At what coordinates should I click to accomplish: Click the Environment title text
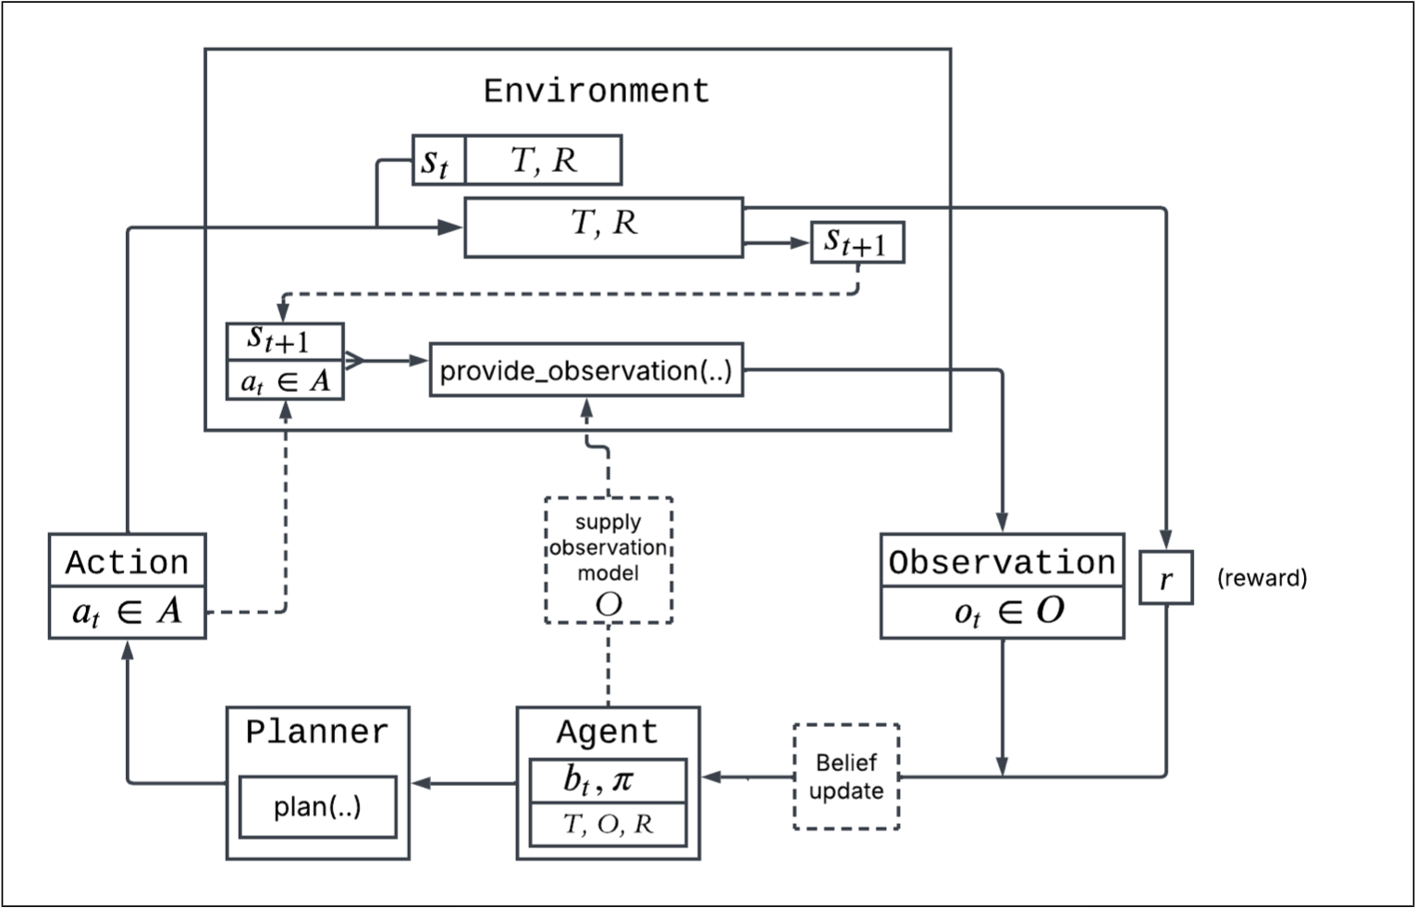coord(597,91)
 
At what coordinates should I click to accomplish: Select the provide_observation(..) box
coord(586,370)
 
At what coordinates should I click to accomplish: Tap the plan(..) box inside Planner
coord(317,806)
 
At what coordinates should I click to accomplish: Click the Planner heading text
coord(317,732)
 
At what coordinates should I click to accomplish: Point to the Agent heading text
coord(608,732)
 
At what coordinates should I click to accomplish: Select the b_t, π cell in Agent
coord(608,781)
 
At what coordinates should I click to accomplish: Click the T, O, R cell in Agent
coord(608,824)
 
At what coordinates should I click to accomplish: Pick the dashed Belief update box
coord(846,777)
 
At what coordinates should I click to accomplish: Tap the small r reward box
coord(1165,578)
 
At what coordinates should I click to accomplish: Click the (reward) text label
coord(1261,578)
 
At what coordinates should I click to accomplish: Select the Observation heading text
coord(1002,562)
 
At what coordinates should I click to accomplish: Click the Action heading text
coord(127,562)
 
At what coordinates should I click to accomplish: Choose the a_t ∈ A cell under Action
coord(127,612)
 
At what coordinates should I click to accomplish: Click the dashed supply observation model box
coord(608,560)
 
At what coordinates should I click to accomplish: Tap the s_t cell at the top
coord(437,161)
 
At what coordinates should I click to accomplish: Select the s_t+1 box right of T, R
coord(856,243)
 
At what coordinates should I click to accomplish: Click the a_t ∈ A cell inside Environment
coord(285,381)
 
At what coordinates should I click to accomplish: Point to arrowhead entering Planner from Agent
coord(421,783)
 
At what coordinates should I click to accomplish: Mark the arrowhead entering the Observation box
coord(1002,523)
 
